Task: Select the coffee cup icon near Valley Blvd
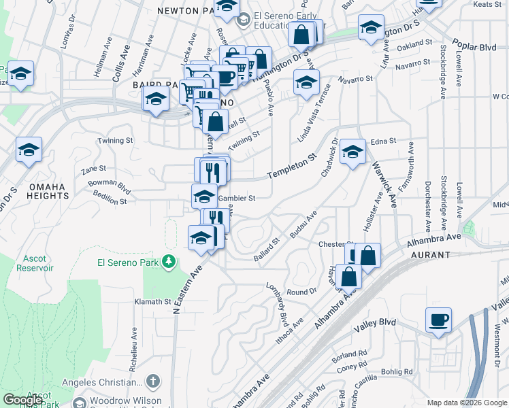pyautogui.click(x=438, y=320)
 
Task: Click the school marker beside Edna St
pyautogui.click(x=352, y=152)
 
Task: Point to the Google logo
pyautogui.click(x=22, y=400)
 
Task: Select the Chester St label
pyautogui.click(x=335, y=244)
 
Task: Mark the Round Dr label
pyautogui.click(x=302, y=291)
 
